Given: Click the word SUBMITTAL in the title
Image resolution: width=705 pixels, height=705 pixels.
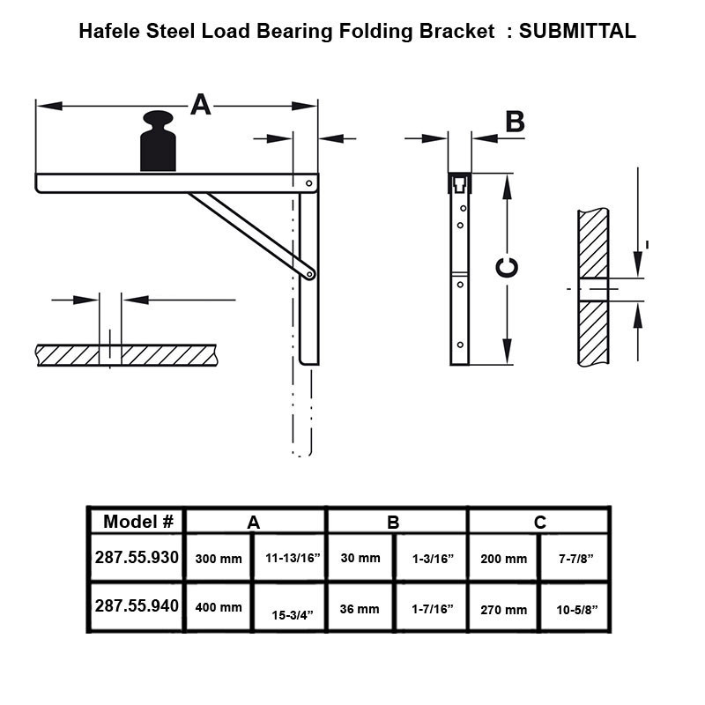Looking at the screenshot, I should click(x=577, y=32).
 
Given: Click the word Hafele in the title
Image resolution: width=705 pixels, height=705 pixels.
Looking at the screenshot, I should click(x=108, y=32).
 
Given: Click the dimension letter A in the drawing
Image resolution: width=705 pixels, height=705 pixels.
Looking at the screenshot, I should click(x=201, y=106).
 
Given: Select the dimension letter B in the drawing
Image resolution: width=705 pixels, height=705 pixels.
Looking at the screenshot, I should click(x=515, y=122).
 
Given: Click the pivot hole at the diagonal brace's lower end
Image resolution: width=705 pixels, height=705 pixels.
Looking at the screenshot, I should click(x=309, y=274).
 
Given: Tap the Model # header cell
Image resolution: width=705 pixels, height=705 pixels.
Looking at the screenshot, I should click(x=137, y=521).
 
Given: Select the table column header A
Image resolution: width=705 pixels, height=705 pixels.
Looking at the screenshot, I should click(x=254, y=522).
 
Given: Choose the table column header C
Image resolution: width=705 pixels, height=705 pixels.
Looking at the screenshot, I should click(x=539, y=522).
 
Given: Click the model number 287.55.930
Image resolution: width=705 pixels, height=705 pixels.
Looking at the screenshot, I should click(x=137, y=558).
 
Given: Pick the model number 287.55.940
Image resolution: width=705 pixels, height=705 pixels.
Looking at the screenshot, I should click(x=137, y=606).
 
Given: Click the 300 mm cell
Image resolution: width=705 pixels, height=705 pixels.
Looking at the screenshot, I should click(x=218, y=559).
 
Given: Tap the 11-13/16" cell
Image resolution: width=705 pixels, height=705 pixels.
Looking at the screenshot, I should click(x=292, y=559).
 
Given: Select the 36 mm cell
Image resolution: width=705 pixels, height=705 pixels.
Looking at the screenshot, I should click(x=360, y=608).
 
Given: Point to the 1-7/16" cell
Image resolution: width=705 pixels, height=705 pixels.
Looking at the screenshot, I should click(x=432, y=608).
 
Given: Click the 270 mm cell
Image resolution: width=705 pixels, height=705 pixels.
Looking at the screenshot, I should click(x=503, y=608).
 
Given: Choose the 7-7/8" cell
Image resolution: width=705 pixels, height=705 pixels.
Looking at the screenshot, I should click(x=576, y=559).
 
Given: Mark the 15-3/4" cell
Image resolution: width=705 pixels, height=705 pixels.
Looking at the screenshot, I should click(x=292, y=614).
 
